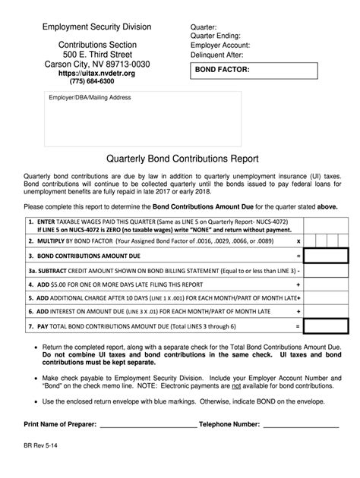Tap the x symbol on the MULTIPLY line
pyautogui.click(x=298, y=240)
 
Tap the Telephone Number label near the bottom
pyautogui.click(x=235, y=425)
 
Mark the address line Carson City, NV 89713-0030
pyautogui.click(x=95, y=64)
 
